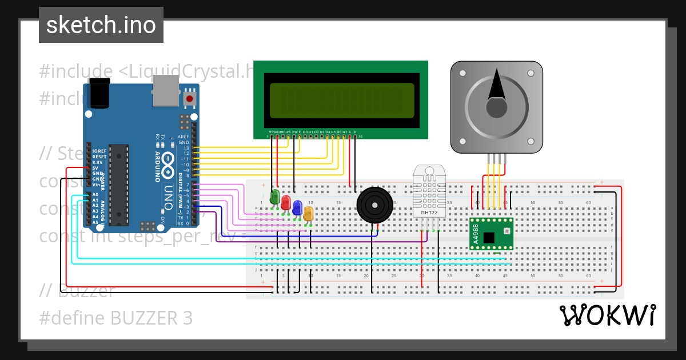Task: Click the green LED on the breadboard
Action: coord(275,198)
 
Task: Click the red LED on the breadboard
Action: coord(286,202)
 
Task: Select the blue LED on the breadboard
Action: coord(297,207)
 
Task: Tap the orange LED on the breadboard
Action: coord(308,213)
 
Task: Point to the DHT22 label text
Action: coord(429,213)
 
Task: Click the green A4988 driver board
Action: coord(490,234)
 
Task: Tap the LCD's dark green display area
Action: coord(341,101)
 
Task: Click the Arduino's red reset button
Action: coord(189,99)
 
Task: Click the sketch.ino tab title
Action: coord(101,25)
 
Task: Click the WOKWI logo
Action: coord(607,315)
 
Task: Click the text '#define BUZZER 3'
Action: coord(116,318)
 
